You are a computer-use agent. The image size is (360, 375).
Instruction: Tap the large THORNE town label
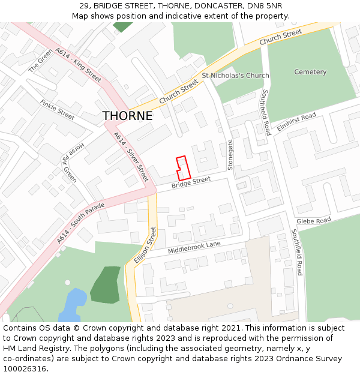click(127, 116)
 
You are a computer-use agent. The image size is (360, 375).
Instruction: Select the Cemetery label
click(310, 72)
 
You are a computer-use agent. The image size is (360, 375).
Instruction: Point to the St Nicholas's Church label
click(235, 76)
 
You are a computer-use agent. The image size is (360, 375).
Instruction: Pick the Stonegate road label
click(230, 155)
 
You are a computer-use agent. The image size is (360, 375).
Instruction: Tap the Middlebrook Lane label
click(194, 247)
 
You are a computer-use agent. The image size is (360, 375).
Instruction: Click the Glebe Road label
click(313, 221)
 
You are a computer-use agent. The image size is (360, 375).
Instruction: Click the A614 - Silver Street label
click(131, 157)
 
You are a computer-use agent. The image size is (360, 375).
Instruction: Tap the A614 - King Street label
click(78, 65)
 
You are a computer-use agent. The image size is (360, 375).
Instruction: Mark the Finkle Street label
click(57, 110)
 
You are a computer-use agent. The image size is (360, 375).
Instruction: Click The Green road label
click(41, 61)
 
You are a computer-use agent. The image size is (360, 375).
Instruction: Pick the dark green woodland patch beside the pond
click(106, 284)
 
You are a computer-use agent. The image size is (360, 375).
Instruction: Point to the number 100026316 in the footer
click(25, 368)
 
